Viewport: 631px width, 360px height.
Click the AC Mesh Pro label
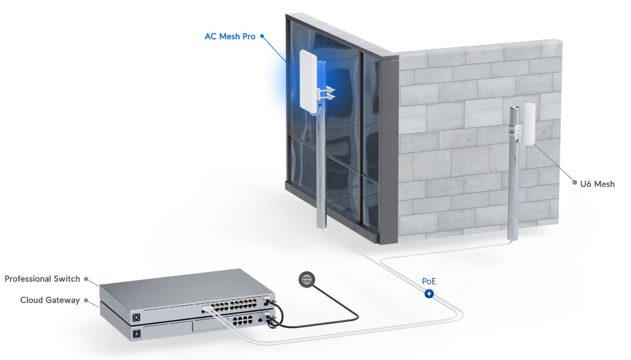click(230, 36)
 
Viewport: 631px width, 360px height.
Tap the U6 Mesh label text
click(597, 184)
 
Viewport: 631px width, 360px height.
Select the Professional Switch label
click(43, 279)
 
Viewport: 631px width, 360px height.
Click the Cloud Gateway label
click(50, 300)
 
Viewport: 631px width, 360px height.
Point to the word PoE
click(429, 281)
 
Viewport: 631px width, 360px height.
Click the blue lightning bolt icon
click(430, 294)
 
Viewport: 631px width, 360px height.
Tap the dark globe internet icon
click(307, 279)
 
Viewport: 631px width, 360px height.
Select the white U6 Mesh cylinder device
click(529, 124)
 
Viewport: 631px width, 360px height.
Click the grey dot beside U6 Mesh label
click(575, 182)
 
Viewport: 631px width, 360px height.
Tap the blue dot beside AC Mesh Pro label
click(262, 36)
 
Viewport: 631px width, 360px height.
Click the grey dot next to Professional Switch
click(86, 279)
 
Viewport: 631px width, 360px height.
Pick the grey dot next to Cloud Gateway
click(86, 300)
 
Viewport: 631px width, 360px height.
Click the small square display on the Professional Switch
click(136, 317)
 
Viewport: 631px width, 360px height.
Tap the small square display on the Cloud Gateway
click(136, 334)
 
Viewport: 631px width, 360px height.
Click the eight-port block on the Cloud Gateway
click(243, 320)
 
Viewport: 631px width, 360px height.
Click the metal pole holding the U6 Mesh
click(513, 173)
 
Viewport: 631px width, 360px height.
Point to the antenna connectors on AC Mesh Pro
click(327, 93)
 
